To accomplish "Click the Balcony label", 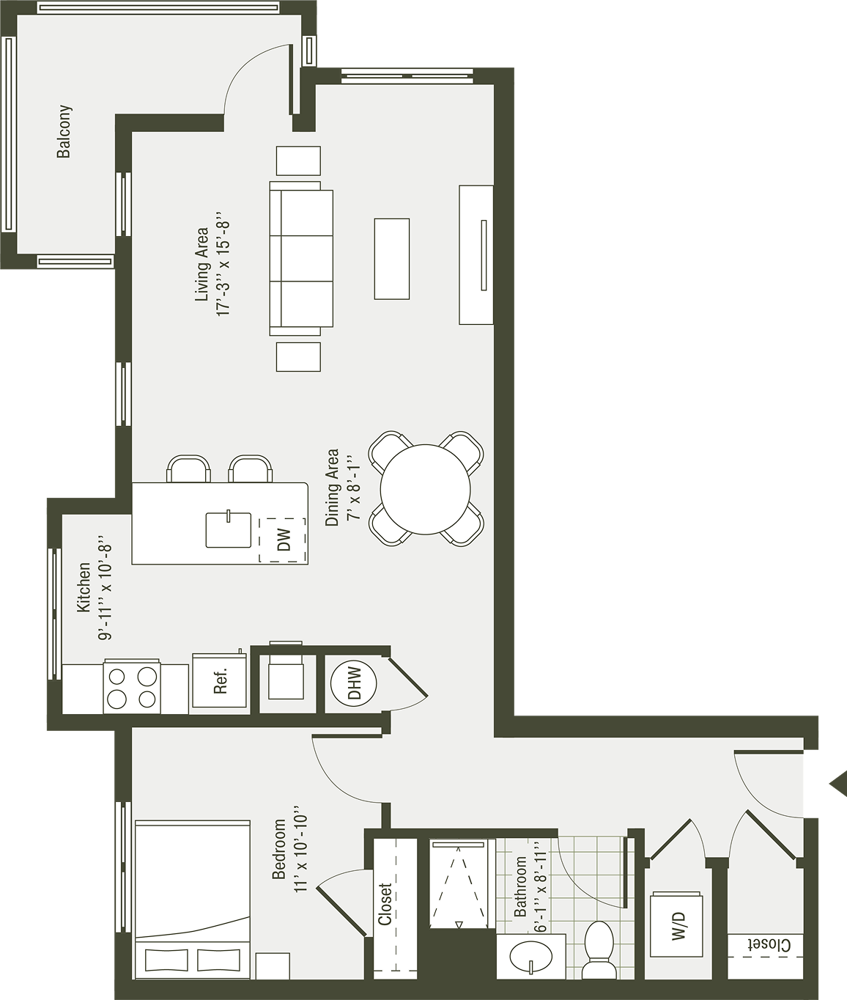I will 64,132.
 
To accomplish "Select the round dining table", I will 426,489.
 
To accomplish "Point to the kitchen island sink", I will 228,529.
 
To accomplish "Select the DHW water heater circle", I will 355,683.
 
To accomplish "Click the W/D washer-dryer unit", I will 677,925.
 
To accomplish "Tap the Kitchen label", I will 84,587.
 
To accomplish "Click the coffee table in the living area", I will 392,259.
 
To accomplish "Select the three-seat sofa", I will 301,259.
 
